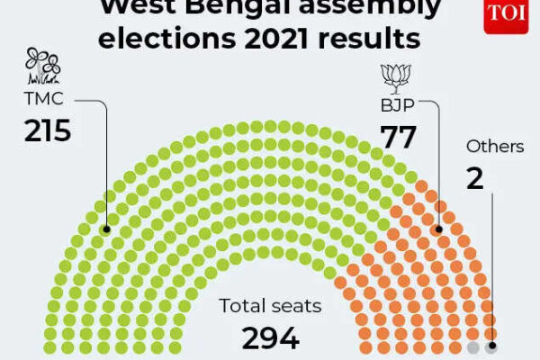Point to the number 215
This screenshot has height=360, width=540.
[x=47, y=131]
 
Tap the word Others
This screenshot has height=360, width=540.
[x=495, y=146]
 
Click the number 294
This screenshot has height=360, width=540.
[x=270, y=337]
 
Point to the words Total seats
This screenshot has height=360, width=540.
[x=270, y=306]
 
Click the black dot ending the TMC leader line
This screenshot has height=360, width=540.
[x=106, y=229]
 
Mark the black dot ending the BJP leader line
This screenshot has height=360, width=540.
[x=440, y=229]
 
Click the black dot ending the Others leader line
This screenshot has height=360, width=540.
[x=491, y=347]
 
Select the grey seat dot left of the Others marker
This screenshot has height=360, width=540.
[x=474, y=347]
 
